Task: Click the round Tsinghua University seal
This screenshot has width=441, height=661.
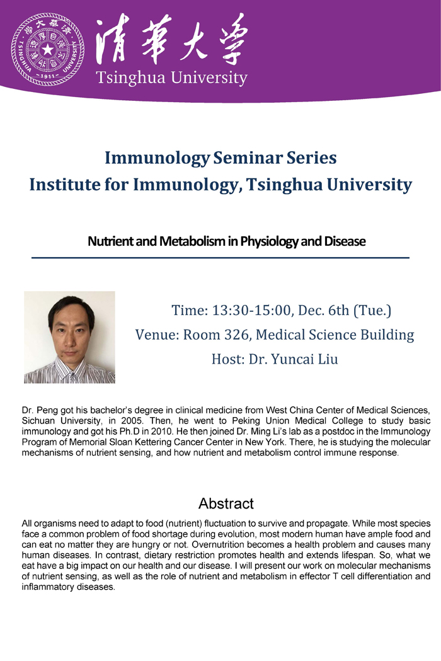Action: coord(47,49)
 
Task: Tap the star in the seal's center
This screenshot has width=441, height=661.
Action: coord(48,50)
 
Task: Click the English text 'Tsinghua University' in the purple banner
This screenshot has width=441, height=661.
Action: coord(171,78)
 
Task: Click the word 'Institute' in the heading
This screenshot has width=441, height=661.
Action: coord(64,184)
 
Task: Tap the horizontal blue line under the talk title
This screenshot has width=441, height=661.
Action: coord(220,258)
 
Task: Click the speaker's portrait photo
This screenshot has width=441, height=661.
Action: coord(69,337)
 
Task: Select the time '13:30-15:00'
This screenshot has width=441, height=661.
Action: coord(251,310)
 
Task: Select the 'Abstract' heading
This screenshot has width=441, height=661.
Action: coord(226,503)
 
